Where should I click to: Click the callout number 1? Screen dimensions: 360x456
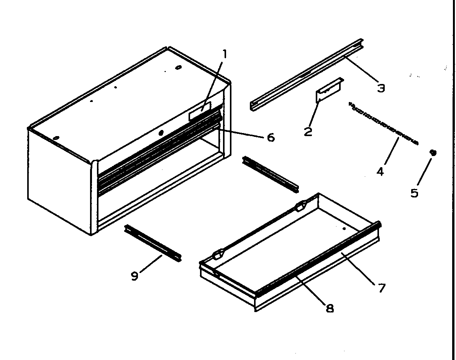coord(225,54)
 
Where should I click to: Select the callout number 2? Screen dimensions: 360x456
coord(308,132)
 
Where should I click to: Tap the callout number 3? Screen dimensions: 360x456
coord(381,88)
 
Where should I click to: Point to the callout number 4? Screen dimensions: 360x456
coord(380,171)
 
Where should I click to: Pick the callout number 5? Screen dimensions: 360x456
coord(414,192)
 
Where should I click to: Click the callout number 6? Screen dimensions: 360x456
coord(271,137)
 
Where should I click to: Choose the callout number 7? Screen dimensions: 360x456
coord(381,288)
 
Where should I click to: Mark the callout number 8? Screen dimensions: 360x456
coord(329,307)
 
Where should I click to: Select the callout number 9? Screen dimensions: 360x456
coord(135,276)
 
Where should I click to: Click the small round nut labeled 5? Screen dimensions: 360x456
coord(433,153)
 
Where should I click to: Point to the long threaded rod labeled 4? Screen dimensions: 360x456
coord(383,123)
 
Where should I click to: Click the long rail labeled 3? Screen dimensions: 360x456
coord(307,75)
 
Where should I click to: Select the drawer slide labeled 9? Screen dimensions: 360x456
coord(153,243)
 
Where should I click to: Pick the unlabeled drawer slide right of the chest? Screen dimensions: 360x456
coord(271,174)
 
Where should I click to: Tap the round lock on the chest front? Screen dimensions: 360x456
coord(161,133)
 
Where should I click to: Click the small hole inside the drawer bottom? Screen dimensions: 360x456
coord(344,229)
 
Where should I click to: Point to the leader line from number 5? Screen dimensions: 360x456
coord(424,172)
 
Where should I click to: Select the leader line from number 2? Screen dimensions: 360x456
coord(313,113)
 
